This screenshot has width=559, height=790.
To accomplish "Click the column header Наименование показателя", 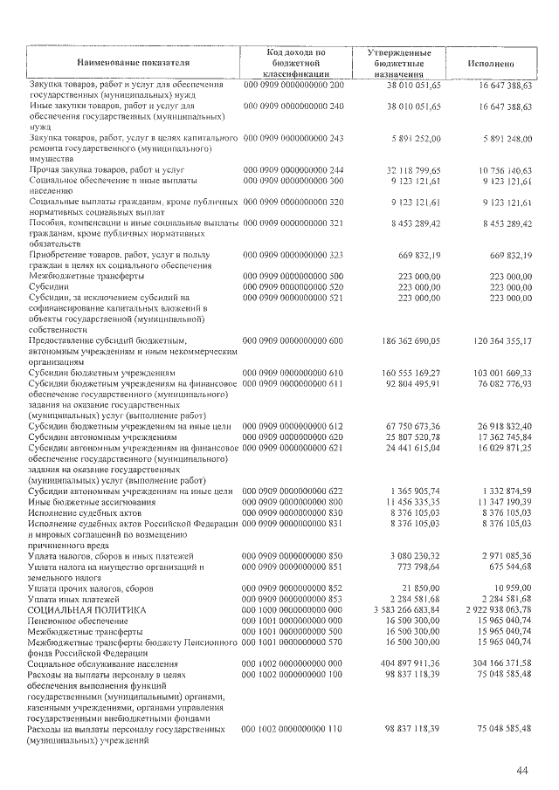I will (x=133, y=64).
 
